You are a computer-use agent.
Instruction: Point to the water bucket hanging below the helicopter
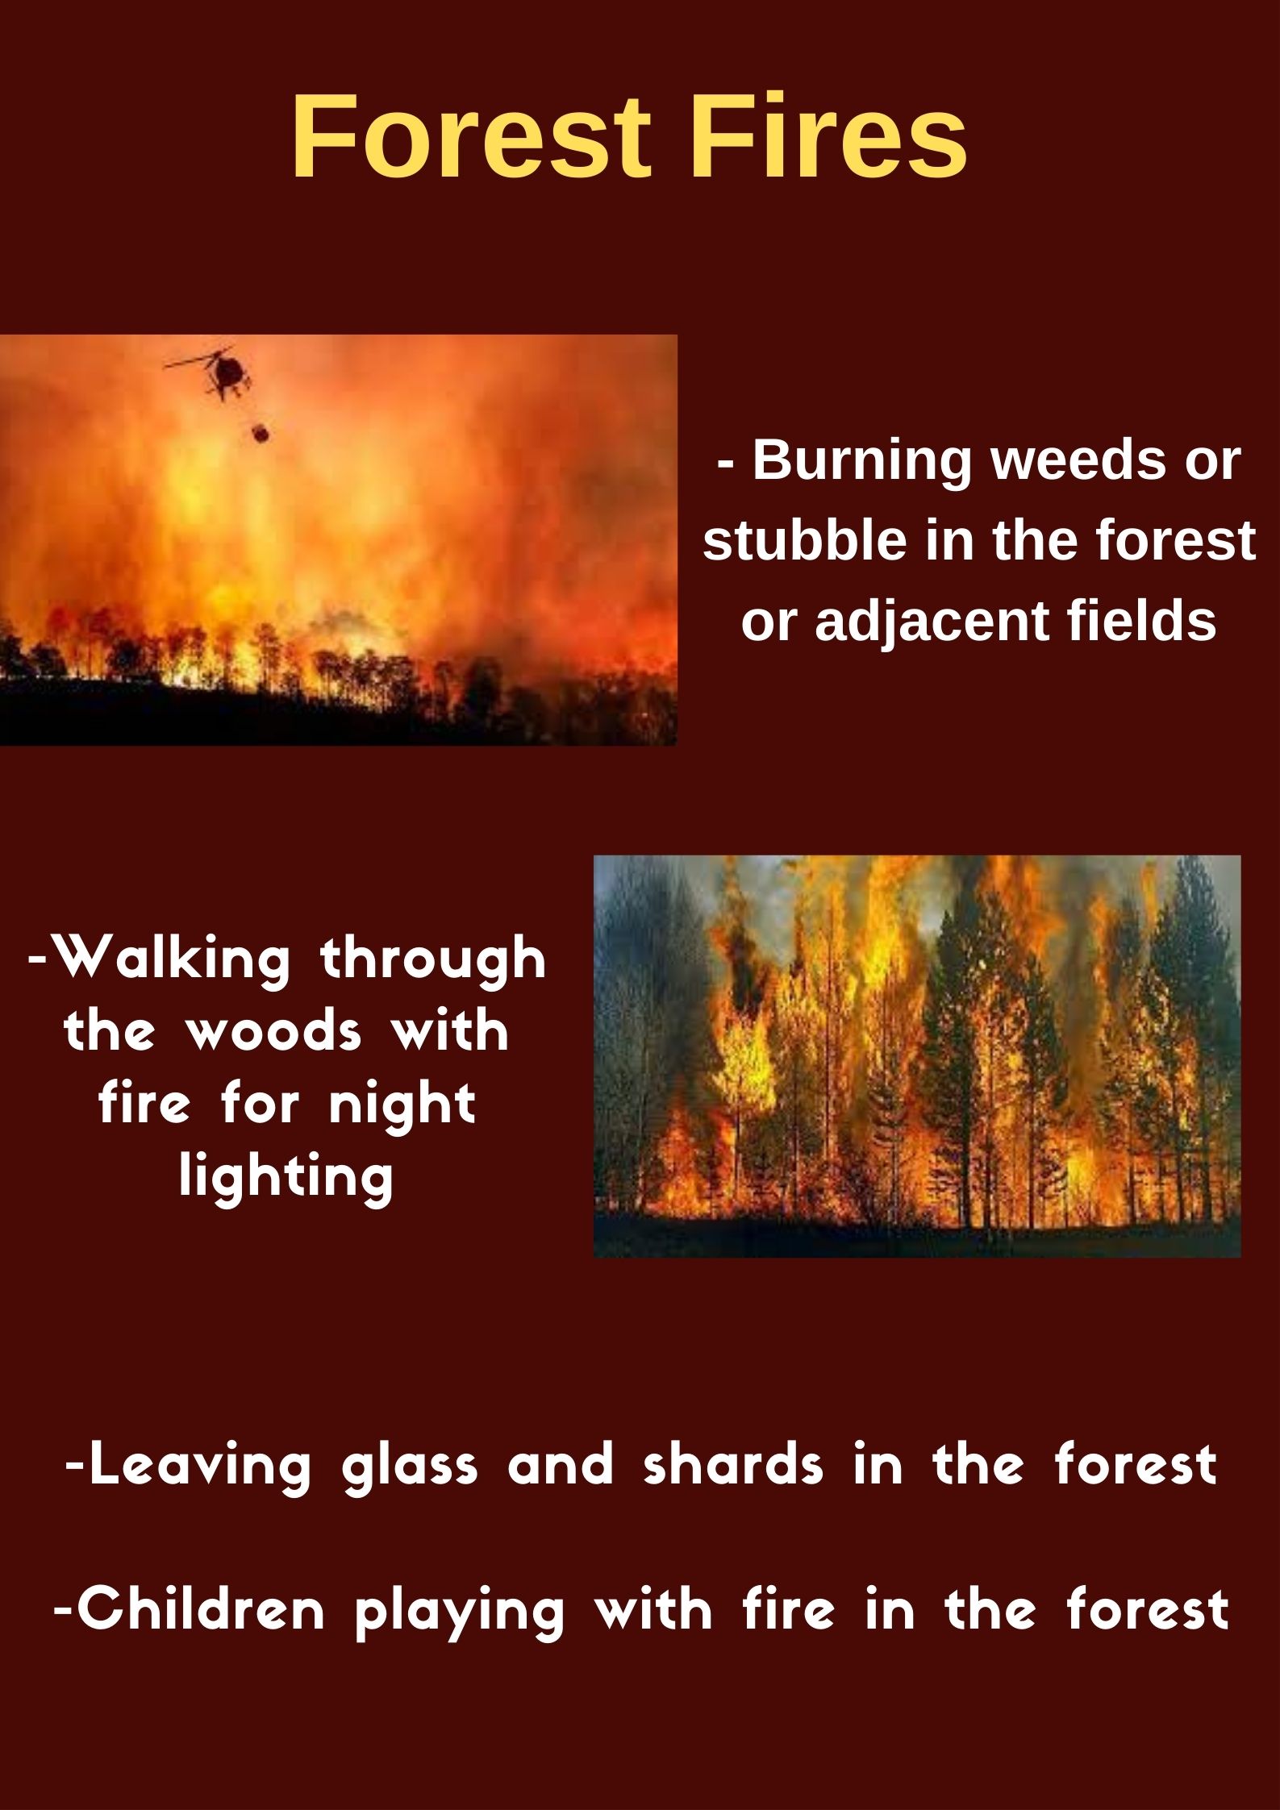pos(261,432)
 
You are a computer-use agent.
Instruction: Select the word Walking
pos(174,959)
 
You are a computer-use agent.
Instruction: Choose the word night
pos(402,1107)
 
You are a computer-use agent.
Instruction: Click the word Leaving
pos(199,1465)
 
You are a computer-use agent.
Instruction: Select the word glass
pos(410,1465)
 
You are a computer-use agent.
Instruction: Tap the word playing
pos(460,1612)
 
